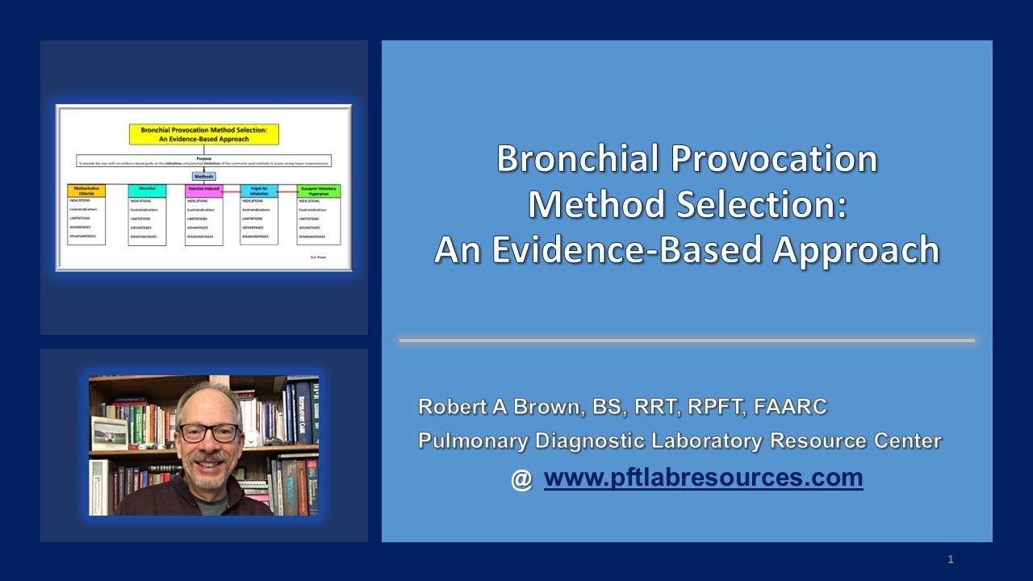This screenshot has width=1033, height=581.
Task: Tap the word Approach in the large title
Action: pyautogui.click(x=856, y=250)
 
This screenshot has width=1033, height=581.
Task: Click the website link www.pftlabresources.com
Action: pyautogui.click(x=703, y=478)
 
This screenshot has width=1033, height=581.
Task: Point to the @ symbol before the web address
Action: pyautogui.click(x=521, y=479)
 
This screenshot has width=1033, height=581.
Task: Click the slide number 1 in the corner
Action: pyautogui.click(x=951, y=559)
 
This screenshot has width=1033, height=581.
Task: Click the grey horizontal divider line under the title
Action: pyautogui.click(x=687, y=341)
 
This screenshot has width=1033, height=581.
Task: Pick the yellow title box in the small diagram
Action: pyautogui.click(x=204, y=134)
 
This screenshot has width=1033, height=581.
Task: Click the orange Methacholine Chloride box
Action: pyautogui.click(x=86, y=191)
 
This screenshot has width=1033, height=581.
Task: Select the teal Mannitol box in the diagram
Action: pyautogui.click(x=147, y=191)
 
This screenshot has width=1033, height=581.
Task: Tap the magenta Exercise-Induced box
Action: pyautogui.click(x=203, y=191)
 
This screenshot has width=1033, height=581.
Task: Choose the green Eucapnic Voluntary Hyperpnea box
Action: pyautogui.click(x=319, y=191)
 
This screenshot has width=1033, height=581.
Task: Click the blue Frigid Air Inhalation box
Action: pyautogui.click(x=259, y=191)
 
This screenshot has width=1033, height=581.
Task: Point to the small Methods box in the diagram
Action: pyautogui.click(x=203, y=175)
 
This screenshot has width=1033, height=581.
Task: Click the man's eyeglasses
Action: pyautogui.click(x=208, y=433)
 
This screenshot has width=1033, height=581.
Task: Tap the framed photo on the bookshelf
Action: pyautogui.click(x=109, y=433)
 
